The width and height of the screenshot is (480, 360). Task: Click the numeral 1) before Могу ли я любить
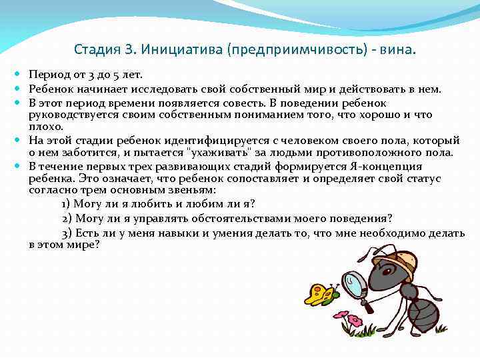point(66,204)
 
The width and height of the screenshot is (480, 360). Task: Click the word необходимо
point(396,233)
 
